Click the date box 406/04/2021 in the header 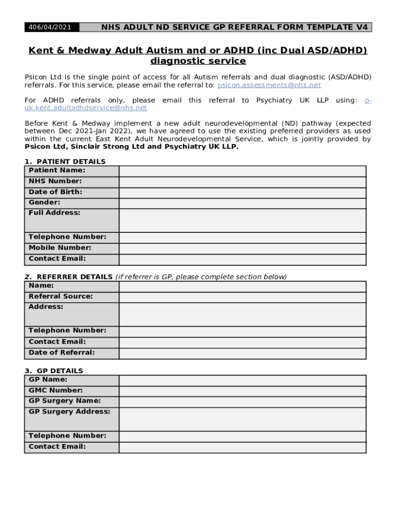(x=50, y=27)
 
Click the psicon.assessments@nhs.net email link (x=269, y=85)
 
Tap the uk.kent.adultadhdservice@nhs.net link (x=86, y=108)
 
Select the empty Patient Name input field (x=242, y=171)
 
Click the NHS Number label (x=55, y=181)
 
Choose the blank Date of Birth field (x=242, y=193)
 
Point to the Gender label (x=44, y=202)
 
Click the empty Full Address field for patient (x=242, y=220)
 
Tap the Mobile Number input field (x=242, y=248)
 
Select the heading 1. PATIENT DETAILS (x=65, y=161)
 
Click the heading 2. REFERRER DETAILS (x=69, y=277)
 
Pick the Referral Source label (x=60, y=296)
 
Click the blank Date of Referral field (x=242, y=353)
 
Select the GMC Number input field (x=242, y=391)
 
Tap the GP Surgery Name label (x=65, y=401)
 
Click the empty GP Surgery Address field (x=242, y=419)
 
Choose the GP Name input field (x=242, y=380)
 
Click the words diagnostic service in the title (x=198, y=61)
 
